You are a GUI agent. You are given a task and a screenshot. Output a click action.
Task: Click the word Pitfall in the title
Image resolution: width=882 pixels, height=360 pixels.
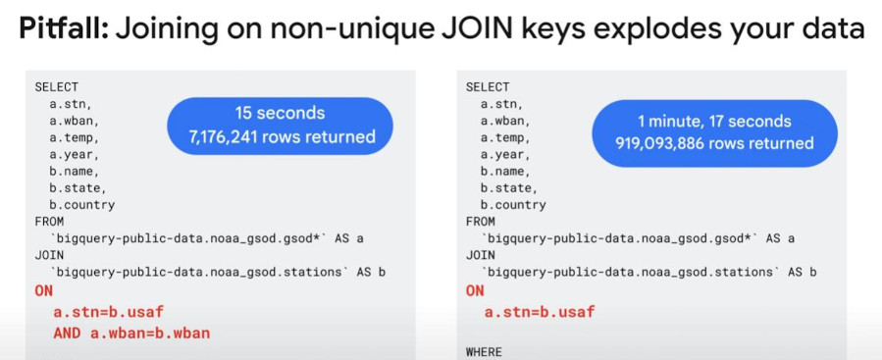(63, 28)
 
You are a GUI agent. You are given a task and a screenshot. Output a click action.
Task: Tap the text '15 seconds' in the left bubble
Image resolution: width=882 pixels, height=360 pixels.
(280, 113)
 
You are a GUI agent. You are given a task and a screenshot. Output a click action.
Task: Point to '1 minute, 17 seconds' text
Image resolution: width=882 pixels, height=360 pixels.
(714, 121)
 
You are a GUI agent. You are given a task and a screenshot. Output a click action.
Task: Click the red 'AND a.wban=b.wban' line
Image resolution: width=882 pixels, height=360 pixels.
(131, 333)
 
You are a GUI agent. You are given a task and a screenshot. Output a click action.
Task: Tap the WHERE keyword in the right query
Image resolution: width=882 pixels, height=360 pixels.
(484, 352)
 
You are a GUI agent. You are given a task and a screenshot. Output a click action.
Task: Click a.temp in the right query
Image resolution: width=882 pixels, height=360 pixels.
(503, 137)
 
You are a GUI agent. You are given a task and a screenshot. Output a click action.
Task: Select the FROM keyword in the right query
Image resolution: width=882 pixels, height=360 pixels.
(481, 222)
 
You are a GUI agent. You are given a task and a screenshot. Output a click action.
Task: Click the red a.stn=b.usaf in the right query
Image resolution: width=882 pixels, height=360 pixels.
(540, 312)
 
